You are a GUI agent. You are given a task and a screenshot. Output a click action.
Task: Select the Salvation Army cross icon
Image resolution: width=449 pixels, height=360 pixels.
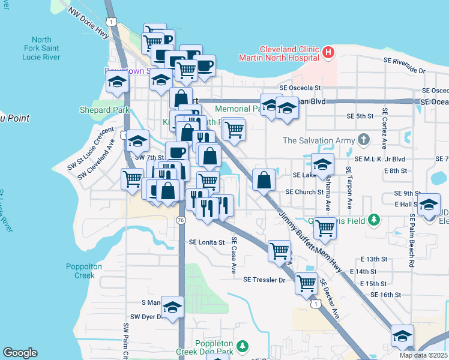(363, 140)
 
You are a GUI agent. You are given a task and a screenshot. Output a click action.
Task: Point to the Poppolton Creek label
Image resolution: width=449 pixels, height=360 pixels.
(80, 271)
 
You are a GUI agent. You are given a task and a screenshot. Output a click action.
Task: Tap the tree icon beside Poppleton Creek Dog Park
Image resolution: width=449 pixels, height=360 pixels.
(243, 346)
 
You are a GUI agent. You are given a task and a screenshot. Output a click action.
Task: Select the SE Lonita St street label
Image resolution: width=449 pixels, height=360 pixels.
(206, 243)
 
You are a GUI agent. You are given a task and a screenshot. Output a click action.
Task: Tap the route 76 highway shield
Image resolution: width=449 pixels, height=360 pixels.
(181, 221)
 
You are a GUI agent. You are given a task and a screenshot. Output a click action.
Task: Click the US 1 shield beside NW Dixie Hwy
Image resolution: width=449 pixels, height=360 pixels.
(112, 22)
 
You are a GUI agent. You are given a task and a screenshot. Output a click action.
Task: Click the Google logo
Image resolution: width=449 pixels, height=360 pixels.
(20, 353)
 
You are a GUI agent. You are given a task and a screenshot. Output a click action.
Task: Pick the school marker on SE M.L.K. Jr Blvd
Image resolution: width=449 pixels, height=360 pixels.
(322, 163)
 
